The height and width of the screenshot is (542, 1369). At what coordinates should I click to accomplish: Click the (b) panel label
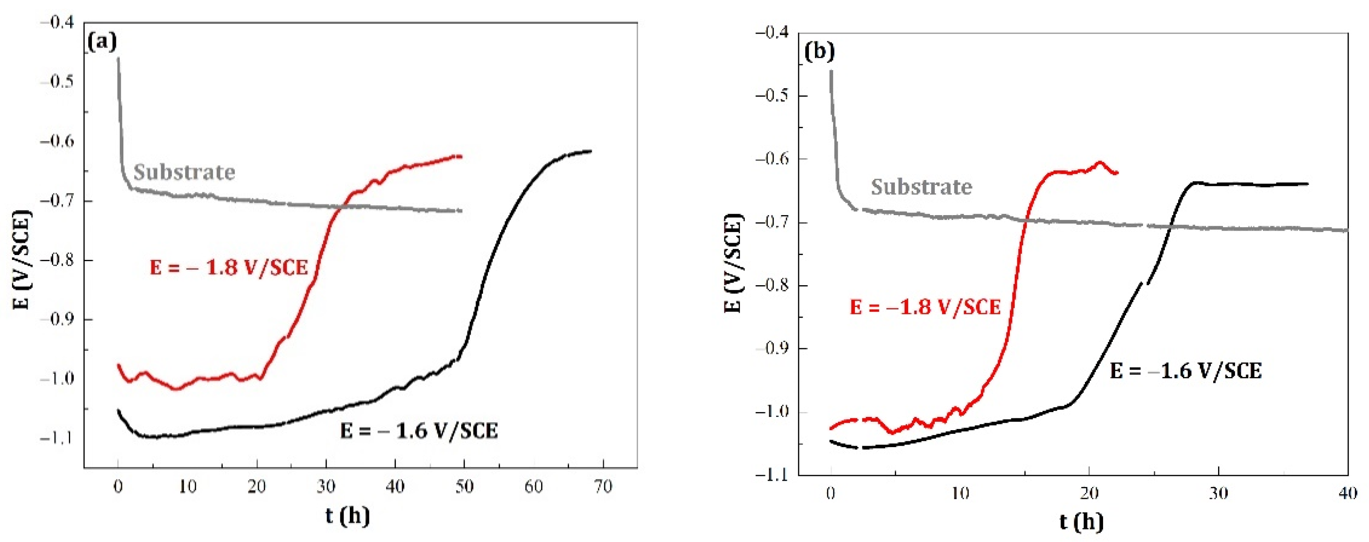click(x=819, y=51)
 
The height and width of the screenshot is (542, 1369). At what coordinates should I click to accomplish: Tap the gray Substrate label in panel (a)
click(x=184, y=172)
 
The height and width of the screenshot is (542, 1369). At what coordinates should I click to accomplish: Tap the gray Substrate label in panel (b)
click(x=921, y=187)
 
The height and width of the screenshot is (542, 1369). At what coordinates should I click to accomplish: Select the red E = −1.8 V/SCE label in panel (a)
click(x=229, y=267)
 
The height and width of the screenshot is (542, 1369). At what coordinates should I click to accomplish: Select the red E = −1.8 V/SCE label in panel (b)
click(x=925, y=307)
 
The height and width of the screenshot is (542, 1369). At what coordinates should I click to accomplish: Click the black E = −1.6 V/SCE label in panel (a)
click(x=419, y=431)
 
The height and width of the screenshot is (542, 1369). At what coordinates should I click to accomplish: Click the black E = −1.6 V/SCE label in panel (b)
click(x=1185, y=370)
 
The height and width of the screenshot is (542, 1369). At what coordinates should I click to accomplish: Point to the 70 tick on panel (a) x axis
click(x=603, y=486)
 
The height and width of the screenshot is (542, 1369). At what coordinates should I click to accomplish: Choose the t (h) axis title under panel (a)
click(x=347, y=515)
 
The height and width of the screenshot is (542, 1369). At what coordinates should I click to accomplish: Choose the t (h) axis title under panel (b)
click(x=1081, y=522)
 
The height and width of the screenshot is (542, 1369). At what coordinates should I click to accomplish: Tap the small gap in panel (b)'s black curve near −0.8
click(x=1144, y=283)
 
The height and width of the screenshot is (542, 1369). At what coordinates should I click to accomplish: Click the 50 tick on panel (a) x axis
click(x=464, y=486)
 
